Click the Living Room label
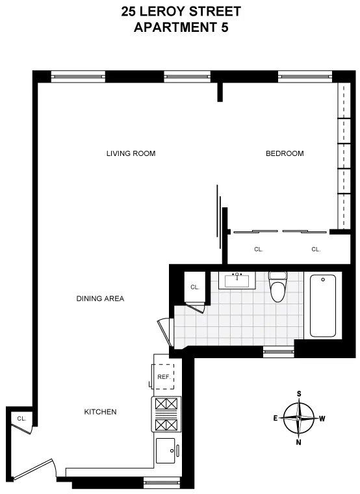131,153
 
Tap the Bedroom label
285,153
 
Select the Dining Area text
100,298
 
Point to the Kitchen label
100,412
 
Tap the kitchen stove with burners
164,415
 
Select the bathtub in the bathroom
323,305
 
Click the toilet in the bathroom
277,288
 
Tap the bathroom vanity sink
237,280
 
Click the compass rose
299,419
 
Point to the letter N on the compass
299,443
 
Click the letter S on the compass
299,394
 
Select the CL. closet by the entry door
21,419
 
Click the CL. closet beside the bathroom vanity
194,287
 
